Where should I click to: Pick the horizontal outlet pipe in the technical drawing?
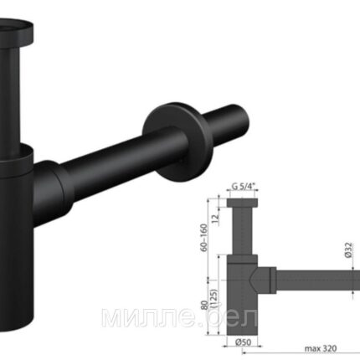[x=318, y=279]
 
